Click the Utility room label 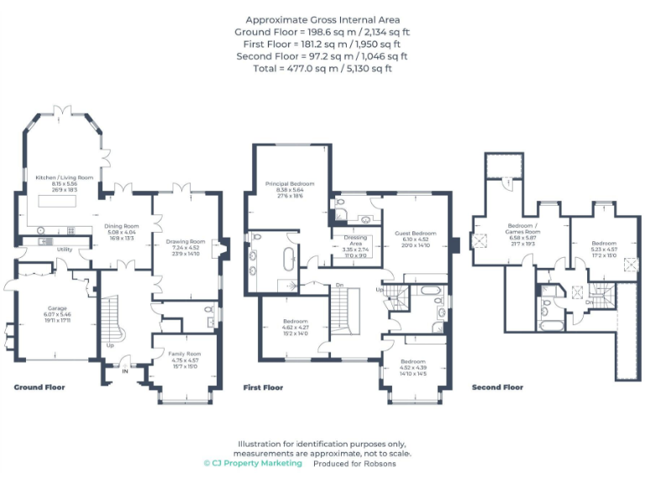coord(64,250)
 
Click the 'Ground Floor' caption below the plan coord(39,387)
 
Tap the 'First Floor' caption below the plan coord(262,387)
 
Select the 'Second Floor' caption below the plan coord(497,387)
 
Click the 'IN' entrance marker coord(125,368)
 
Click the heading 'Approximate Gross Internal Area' coord(322,19)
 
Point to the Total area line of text coord(322,69)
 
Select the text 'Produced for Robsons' coord(354,463)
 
